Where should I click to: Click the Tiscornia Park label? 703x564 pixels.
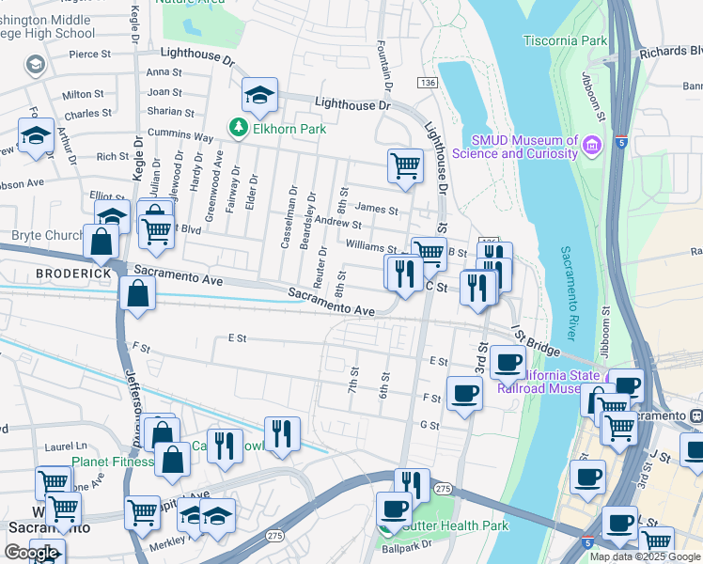click(x=564, y=41)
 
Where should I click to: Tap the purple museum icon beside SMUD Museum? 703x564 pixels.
click(x=591, y=146)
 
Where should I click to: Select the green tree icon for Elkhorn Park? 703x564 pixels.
click(x=240, y=127)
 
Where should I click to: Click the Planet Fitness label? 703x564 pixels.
click(x=113, y=462)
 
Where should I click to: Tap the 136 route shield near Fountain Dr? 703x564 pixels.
click(x=428, y=85)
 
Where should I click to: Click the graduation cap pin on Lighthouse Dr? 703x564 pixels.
click(x=259, y=93)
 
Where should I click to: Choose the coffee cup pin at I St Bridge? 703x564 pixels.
click(x=508, y=361)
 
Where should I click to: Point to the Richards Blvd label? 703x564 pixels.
click(x=670, y=53)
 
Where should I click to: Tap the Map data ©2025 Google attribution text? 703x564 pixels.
click(x=645, y=556)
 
